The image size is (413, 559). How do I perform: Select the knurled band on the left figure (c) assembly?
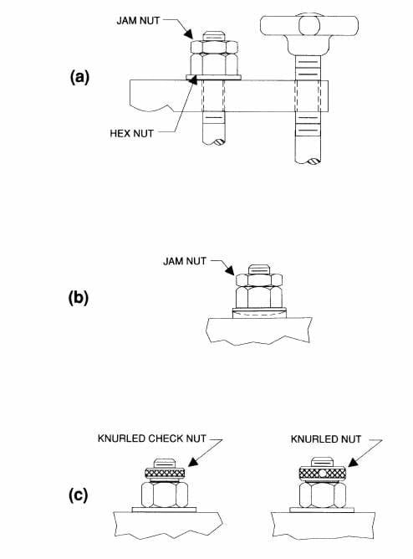click(164, 474)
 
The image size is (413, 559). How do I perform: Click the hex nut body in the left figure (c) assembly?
click(164, 493)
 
